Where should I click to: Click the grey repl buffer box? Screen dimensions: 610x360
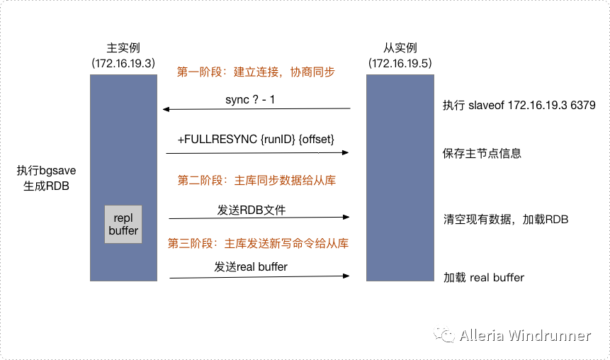pos(123,224)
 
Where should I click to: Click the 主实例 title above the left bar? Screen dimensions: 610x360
pos(123,48)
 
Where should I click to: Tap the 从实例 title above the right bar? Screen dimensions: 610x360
pos(400,48)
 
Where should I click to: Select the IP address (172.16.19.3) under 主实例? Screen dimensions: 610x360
pos(123,63)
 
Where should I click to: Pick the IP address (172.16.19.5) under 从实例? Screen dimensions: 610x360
pos(400,63)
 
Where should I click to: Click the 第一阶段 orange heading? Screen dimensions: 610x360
pos(256,72)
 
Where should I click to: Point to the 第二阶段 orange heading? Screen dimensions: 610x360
pos(256,181)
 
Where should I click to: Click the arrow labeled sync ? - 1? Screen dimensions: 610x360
pos(256,109)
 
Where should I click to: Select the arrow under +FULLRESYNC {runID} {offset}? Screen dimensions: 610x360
pos(258,152)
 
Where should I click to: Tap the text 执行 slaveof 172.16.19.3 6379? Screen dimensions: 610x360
pos(519,105)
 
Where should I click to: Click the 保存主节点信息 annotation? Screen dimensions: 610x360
pos(482,153)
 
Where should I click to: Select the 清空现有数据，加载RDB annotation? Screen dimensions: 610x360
pos(505,220)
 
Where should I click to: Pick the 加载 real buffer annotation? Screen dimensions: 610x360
pos(484,277)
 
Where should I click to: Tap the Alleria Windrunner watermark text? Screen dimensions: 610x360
pos(524,335)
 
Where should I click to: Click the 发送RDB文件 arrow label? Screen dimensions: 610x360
pos(252,210)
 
